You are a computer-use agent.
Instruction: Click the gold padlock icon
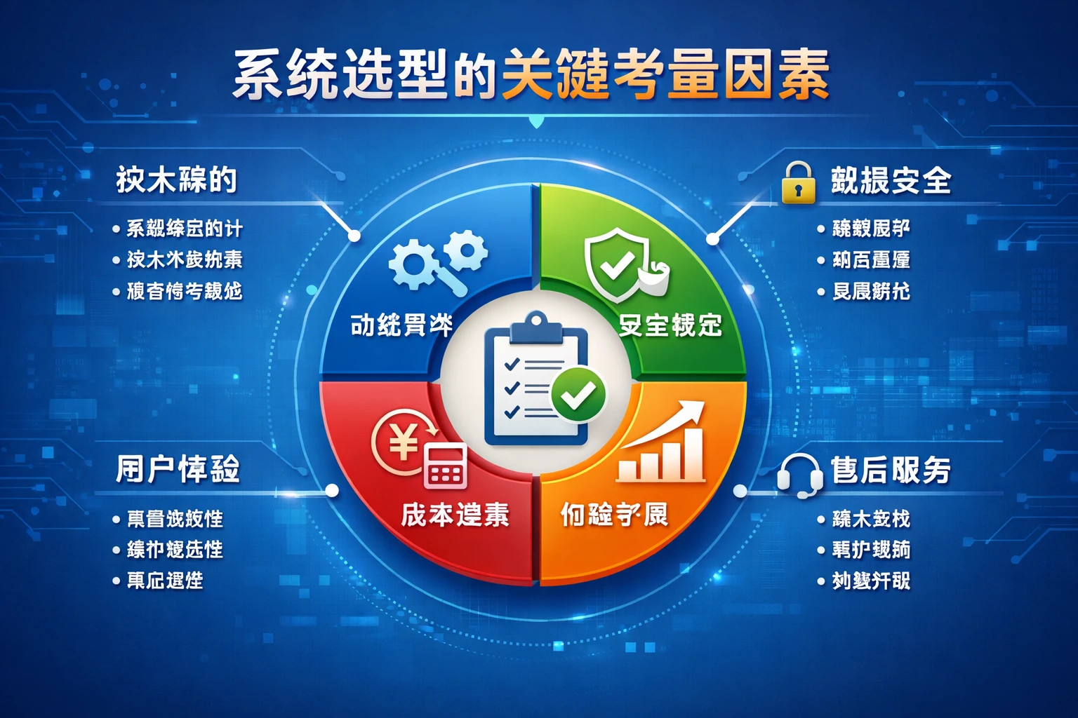tap(799, 184)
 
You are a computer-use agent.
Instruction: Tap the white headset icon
tap(800, 474)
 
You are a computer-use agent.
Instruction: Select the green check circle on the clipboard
tap(578, 395)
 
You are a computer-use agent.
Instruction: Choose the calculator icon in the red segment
tap(446, 465)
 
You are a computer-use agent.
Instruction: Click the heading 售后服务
tap(890, 470)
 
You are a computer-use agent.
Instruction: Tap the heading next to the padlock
tap(890, 181)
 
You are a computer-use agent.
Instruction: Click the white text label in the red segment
tap(455, 515)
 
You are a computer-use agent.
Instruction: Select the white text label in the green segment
tap(670, 325)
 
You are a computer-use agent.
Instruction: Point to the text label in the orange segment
tap(614, 515)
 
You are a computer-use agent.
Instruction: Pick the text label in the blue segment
tap(401, 325)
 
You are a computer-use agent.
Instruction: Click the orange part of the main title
tap(665, 74)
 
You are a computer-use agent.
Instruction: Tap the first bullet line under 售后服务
tap(870, 519)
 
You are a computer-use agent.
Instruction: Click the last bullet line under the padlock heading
tap(870, 291)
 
